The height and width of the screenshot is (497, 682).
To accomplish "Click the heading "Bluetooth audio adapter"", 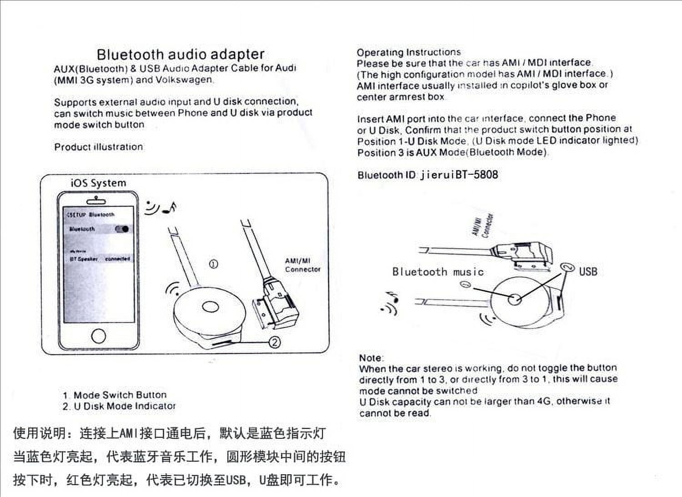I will click(181, 54).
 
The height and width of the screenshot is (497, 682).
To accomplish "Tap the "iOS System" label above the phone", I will click(98, 183).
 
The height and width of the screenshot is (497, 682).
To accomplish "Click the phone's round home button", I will click(98, 336).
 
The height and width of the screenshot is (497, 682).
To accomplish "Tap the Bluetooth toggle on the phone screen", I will click(122, 229).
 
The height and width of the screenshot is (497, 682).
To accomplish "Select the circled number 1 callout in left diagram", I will click(213, 264).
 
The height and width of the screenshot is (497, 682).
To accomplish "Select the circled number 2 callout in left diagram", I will click(275, 342).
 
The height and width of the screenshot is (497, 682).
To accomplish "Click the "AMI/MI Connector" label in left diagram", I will click(302, 265).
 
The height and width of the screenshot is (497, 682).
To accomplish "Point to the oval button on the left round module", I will click(211, 307).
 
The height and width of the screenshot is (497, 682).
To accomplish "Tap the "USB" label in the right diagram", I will click(588, 272).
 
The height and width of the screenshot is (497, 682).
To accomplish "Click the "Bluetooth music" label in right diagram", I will click(438, 272).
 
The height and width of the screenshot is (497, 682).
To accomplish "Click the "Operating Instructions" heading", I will click(408, 52).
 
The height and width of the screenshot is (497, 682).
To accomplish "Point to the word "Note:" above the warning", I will click(371, 358).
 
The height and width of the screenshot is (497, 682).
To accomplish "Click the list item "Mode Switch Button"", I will click(120, 395).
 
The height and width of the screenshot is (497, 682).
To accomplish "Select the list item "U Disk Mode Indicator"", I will click(125, 406).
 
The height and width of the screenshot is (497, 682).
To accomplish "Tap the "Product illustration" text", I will click(98, 147).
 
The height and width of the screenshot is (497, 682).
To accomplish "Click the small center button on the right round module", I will click(515, 299).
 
